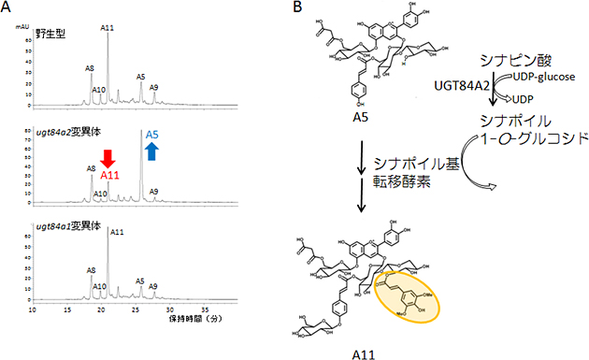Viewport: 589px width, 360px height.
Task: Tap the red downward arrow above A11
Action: (108, 155)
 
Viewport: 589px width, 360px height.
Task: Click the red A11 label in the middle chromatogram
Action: (108, 174)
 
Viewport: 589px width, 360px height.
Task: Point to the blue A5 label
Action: (153, 134)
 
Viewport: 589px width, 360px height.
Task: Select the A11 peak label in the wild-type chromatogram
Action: (108, 28)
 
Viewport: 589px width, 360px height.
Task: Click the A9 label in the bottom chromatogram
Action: (153, 285)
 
